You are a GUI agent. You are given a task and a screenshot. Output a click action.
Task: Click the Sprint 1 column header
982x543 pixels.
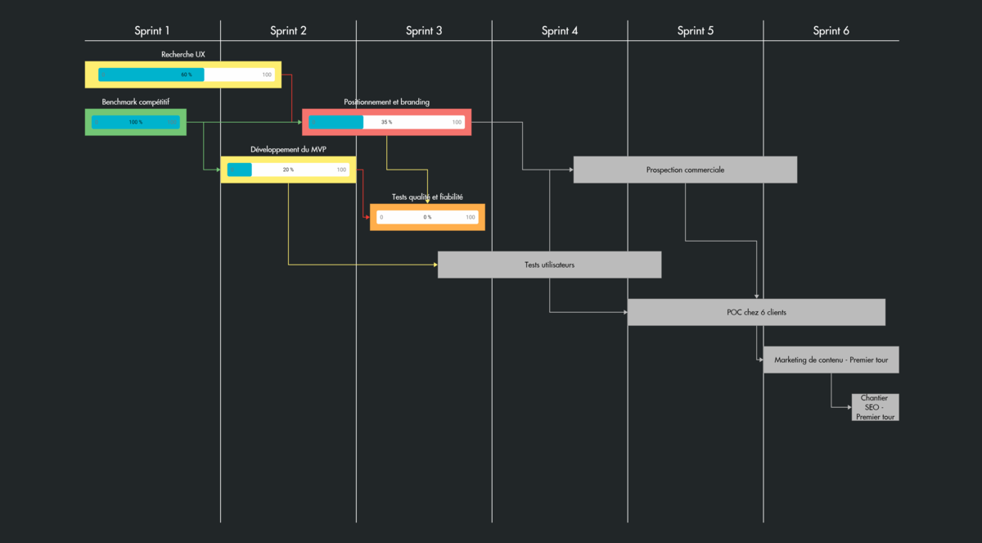[152, 31]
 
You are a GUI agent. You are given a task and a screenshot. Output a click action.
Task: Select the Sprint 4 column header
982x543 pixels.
[560, 31]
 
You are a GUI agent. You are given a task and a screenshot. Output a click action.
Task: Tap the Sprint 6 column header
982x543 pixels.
[831, 31]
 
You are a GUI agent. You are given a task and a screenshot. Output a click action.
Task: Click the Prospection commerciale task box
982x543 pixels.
[685, 170]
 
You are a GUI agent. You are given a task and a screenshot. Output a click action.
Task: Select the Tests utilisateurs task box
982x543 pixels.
[549, 265]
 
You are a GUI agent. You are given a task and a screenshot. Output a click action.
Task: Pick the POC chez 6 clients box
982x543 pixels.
[756, 312]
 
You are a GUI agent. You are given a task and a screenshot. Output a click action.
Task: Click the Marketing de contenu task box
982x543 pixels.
[831, 360]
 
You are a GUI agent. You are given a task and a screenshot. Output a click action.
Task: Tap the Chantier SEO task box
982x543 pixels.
[875, 407]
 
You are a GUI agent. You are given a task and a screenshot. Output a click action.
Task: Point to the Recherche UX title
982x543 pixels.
[183, 54]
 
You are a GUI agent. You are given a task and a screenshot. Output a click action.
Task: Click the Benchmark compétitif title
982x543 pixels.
[136, 102]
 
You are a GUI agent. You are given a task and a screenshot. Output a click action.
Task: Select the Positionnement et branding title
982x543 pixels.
[386, 102]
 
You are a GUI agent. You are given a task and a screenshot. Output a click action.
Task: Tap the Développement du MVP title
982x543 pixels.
[288, 149]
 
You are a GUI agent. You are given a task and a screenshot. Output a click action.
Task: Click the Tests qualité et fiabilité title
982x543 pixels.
[427, 197]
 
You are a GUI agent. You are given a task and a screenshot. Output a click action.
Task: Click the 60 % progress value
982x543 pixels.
[187, 75]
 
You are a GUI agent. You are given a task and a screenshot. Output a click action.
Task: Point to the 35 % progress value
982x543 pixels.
[386, 122]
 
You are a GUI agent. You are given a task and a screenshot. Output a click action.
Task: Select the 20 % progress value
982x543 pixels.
[288, 170]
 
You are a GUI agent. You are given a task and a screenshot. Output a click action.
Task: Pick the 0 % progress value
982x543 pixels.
[427, 217]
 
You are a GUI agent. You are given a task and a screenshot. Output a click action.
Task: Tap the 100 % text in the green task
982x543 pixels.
[135, 122]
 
